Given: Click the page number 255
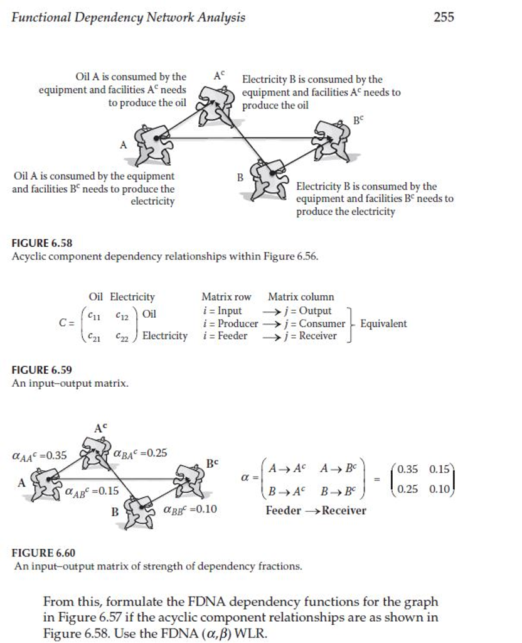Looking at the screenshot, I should [x=444, y=17].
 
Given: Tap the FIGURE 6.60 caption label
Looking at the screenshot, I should [x=43, y=553].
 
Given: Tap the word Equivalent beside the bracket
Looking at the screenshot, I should [x=383, y=323].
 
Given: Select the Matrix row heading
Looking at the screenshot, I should [x=226, y=296].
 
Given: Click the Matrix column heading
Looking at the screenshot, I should [x=301, y=296].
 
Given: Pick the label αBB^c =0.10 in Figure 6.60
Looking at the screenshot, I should [x=190, y=509].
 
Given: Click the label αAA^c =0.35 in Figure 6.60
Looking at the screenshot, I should [x=39, y=454].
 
